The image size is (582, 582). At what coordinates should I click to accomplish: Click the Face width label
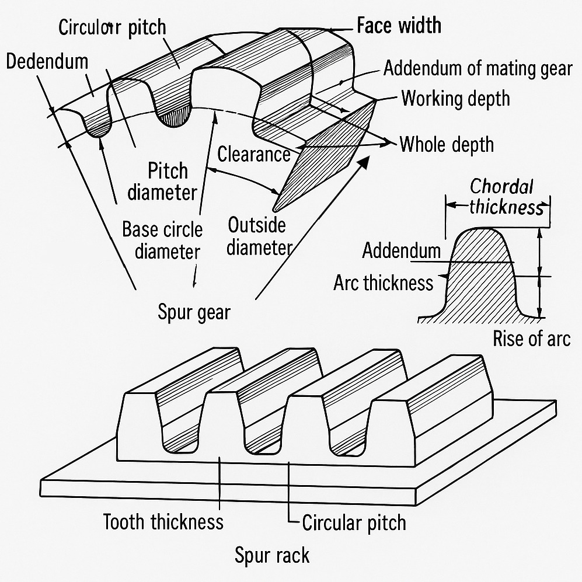(x=399, y=26)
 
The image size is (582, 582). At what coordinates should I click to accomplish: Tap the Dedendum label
(x=47, y=62)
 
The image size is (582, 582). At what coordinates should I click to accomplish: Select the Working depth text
(x=455, y=98)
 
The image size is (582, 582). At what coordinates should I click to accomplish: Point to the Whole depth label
(x=447, y=144)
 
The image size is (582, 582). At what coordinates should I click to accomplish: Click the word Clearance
(x=253, y=154)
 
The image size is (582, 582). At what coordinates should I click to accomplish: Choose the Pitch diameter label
(x=163, y=182)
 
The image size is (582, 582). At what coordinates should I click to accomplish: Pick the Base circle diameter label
(x=162, y=240)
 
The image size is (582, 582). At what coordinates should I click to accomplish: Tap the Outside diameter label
(x=257, y=236)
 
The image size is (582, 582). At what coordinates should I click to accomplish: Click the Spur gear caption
(x=194, y=312)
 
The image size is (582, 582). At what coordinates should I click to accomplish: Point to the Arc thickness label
(x=383, y=283)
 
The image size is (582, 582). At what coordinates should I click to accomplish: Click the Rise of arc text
(x=531, y=339)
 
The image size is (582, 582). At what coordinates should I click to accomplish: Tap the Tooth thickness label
(x=163, y=521)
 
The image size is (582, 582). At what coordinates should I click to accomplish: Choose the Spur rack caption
(x=271, y=555)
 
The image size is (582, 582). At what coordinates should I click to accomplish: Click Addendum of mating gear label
(x=478, y=69)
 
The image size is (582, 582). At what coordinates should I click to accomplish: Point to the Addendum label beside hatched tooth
(x=401, y=251)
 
